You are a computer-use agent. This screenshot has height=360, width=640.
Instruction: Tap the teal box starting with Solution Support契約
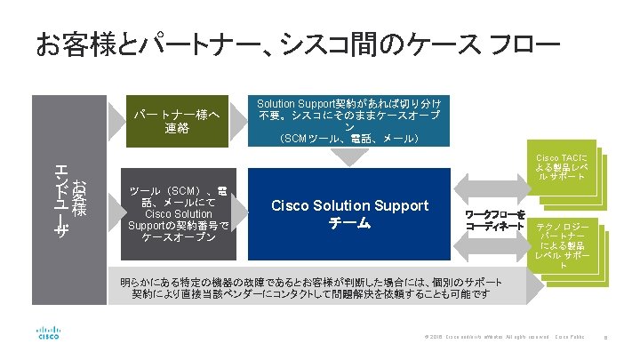354,119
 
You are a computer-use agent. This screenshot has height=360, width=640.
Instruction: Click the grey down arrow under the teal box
355,156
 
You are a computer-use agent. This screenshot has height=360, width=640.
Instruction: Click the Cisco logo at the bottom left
49,333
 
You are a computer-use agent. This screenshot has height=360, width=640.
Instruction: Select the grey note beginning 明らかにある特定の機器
311,287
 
